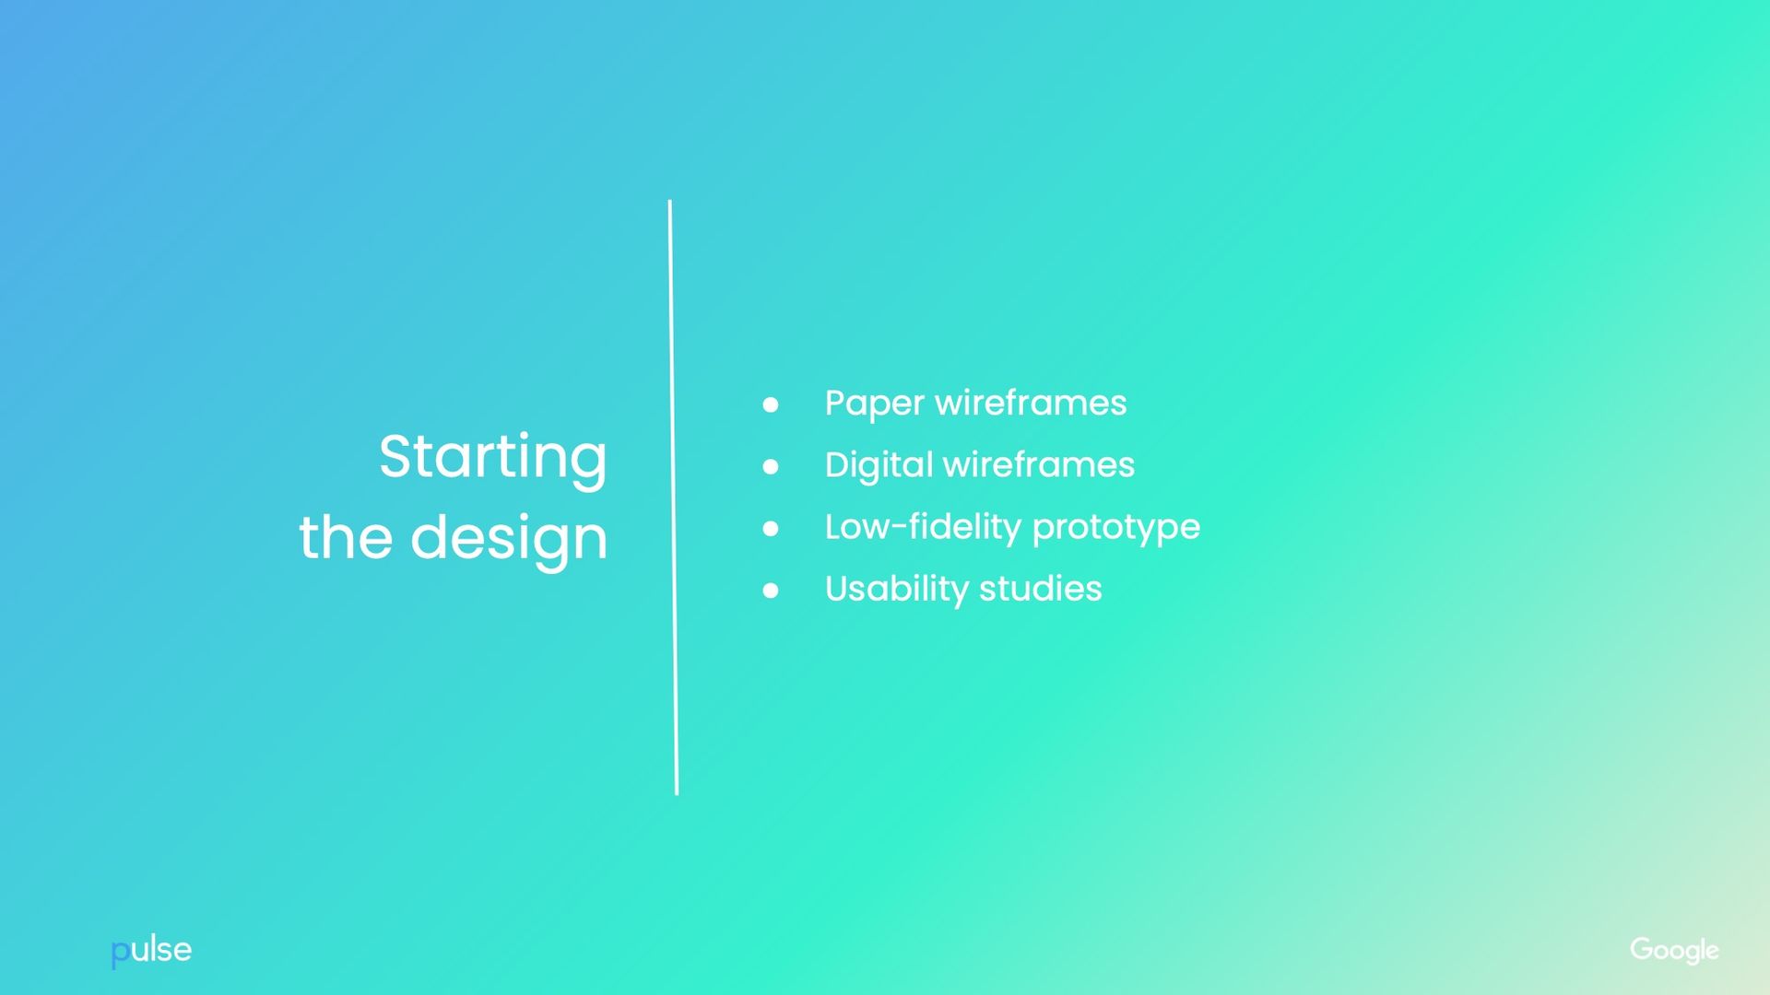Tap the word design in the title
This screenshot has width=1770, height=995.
509,540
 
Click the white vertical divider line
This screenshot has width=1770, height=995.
673,497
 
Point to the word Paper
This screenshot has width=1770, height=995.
874,404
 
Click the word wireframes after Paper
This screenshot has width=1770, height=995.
1031,403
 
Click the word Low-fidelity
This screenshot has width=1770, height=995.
923,527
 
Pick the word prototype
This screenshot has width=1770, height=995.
1116,529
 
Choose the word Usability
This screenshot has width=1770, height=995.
897,590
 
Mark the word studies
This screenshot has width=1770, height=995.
1041,588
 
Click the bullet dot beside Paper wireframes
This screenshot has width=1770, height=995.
771,404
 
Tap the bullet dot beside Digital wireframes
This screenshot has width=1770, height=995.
771,467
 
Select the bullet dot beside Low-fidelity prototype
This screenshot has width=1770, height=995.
771,529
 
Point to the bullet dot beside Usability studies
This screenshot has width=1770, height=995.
771,591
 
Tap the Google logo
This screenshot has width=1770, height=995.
1674,951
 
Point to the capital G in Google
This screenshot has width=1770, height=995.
1642,948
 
